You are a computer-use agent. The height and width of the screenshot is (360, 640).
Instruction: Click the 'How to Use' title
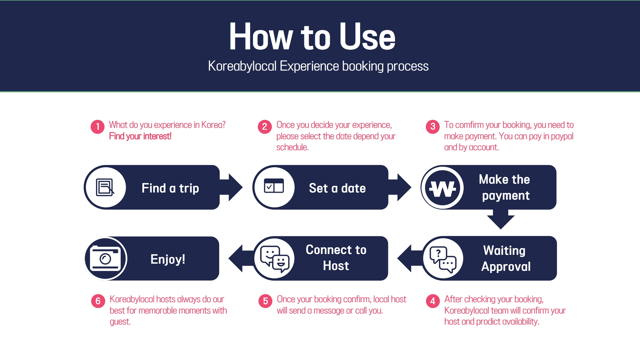click(312, 37)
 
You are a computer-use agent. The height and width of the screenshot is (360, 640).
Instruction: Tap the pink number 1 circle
click(98, 127)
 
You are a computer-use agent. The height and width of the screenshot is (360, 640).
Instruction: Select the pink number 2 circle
click(265, 127)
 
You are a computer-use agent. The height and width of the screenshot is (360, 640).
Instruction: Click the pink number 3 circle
click(433, 127)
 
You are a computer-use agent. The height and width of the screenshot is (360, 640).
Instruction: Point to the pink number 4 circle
click(433, 301)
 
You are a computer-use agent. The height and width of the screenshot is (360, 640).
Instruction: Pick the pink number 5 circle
click(265, 301)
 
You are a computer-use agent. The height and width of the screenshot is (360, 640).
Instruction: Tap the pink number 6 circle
click(98, 301)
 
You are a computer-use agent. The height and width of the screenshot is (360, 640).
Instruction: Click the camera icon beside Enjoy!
click(106, 258)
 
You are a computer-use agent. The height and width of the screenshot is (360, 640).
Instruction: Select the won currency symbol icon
click(442, 188)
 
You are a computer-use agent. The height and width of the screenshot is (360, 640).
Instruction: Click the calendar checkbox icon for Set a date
click(274, 186)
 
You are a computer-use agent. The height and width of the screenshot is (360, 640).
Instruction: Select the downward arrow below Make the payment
click(501, 220)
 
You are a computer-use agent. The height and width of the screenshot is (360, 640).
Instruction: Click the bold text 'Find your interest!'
click(140, 136)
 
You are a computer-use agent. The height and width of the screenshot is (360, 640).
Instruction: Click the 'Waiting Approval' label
click(505, 258)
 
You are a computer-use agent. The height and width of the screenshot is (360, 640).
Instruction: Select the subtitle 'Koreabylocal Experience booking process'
click(318, 66)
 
